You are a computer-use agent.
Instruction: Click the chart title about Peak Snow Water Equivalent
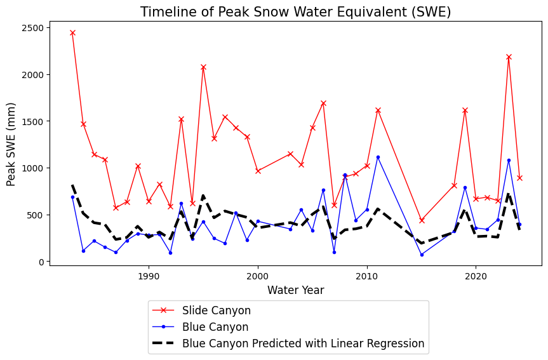point(295,12)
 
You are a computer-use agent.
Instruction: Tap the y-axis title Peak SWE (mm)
point(11,145)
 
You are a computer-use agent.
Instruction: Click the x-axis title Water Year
point(295,291)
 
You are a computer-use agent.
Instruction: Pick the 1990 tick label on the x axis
point(149,277)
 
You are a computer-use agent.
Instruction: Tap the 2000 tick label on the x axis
point(258,277)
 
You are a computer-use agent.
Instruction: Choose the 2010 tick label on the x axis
point(367,277)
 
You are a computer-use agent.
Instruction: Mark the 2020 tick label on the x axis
point(476,277)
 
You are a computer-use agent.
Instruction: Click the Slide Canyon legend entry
point(216,310)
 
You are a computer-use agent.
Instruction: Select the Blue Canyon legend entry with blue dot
point(215,327)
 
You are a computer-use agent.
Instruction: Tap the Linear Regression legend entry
point(303,343)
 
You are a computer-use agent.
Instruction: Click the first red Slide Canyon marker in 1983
point(72,32)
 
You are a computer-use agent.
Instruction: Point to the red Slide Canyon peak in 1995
point(203,67)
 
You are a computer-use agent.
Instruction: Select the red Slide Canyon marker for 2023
point(509,57)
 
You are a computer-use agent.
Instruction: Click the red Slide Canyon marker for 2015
point(422,220)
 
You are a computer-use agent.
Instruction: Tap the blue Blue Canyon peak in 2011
point(378,157)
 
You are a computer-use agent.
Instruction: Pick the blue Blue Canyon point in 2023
point(509,160)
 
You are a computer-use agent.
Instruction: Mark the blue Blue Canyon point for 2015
point(422,255)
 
